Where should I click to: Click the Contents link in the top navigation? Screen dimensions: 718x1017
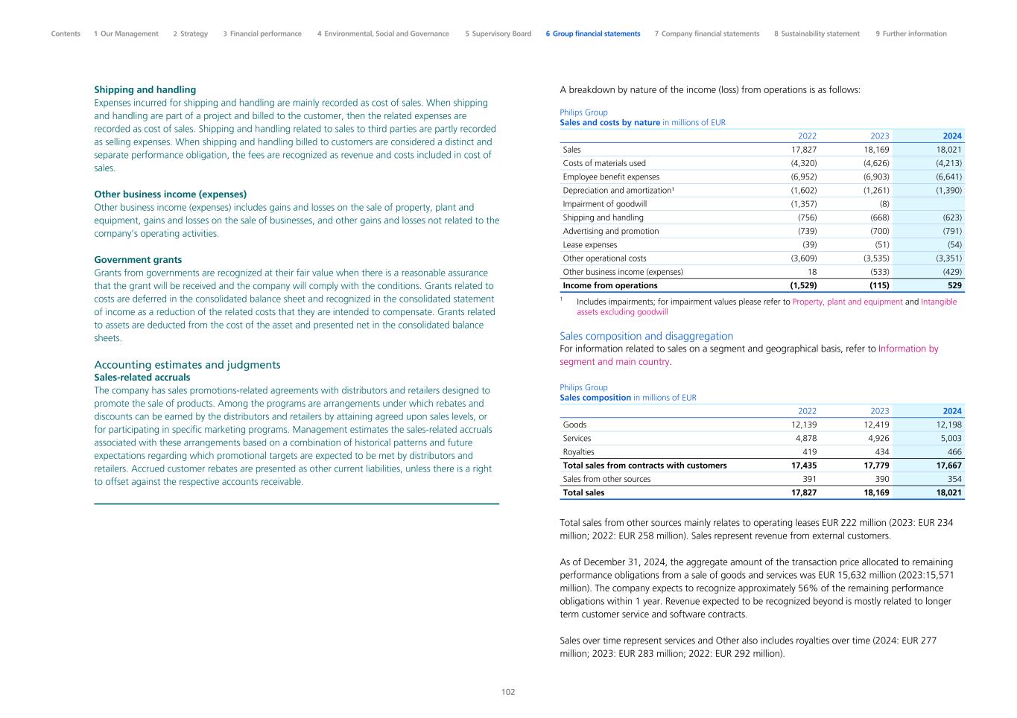(x=66, y=34)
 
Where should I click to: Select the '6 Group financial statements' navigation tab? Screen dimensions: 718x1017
(x=592, y=34)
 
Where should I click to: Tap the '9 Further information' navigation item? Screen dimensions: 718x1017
(x=910, y=34)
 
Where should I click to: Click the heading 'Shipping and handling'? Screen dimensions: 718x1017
(x=145, y=89)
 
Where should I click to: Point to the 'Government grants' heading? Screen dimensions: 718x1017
(x=138, y=260)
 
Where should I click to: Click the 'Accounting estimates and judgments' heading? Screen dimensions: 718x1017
(x=187, y=364)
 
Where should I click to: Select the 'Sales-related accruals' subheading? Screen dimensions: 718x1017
(x=142, y=378)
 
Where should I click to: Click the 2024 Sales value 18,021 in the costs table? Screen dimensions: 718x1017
(x=948, y=150)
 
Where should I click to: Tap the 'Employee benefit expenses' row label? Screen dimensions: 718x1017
(x=611, y=177)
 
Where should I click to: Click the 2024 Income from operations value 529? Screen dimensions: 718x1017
(x=954, y=285)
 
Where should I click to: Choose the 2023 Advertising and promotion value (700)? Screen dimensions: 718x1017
(x=876, y=231)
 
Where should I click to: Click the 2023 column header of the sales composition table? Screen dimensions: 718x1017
(x=879, y=411)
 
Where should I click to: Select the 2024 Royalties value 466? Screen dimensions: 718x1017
(x=954, y=451)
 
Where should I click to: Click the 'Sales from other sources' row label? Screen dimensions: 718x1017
(x=606, y=479)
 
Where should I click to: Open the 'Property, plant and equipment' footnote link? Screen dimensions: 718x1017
(x=847, y=302)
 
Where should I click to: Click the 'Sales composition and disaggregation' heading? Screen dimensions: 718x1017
(x=646, y=336)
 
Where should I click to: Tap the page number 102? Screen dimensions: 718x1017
(x=508, y=692)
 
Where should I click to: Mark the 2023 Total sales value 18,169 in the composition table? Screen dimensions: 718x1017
(x=875, y=492)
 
